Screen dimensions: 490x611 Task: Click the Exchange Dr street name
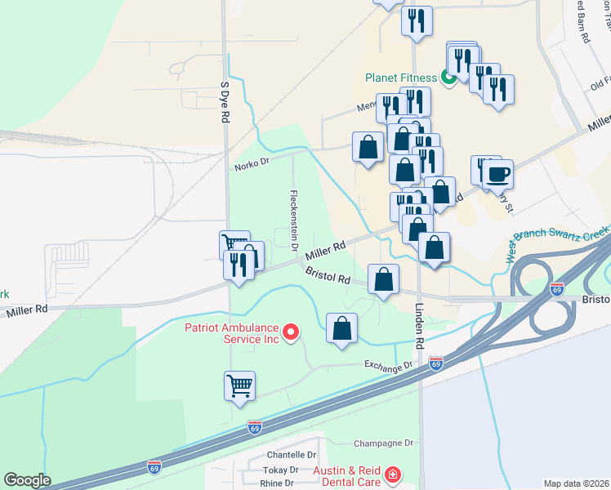point(389,364)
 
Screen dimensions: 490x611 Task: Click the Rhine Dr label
point(278,483)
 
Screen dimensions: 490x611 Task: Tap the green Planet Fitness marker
point(448,78)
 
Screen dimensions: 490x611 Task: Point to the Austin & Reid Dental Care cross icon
point(393,474)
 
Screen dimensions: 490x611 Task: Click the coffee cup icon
point(497,173)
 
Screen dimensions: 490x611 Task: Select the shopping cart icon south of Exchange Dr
point(239,385)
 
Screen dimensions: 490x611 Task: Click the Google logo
point(27,479)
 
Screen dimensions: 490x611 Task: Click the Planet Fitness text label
point(401,78)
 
